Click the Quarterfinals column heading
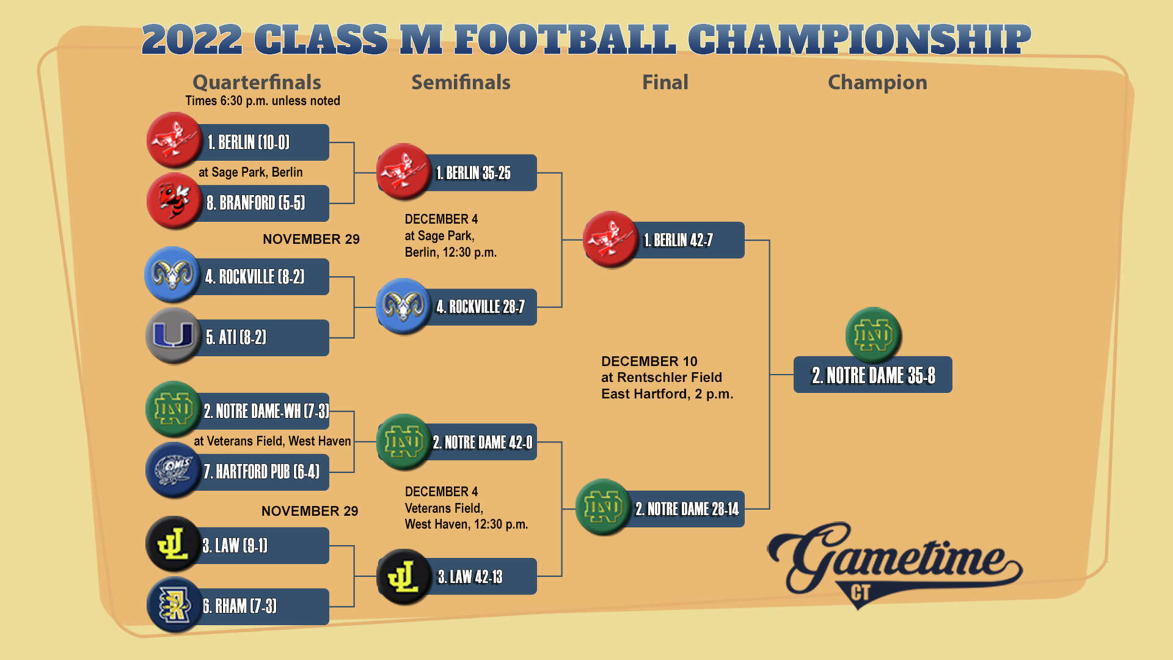[x=257, y=82]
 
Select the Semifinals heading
[x=461, y=82]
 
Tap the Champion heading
[x=877, y=82]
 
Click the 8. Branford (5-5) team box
[x=263, y=203]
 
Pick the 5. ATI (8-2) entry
[x=263, y=337]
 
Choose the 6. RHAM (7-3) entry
[x=263, y=606]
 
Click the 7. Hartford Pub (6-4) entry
[x=263, y=472]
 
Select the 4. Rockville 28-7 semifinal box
[x=480, y=307]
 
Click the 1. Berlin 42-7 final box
[x=684, y=240]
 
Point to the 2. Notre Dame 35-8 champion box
[x=872, y=375]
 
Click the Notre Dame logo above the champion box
[x=873, y=335]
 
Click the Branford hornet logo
[x=174, y=200]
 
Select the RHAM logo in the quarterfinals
[x=174, y=605]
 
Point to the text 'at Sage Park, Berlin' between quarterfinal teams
[x=250, y=172]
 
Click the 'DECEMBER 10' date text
[x=649, y=361]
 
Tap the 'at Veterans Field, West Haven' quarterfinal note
[x=272, y=441]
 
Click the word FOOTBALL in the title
[x=565, y=40]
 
